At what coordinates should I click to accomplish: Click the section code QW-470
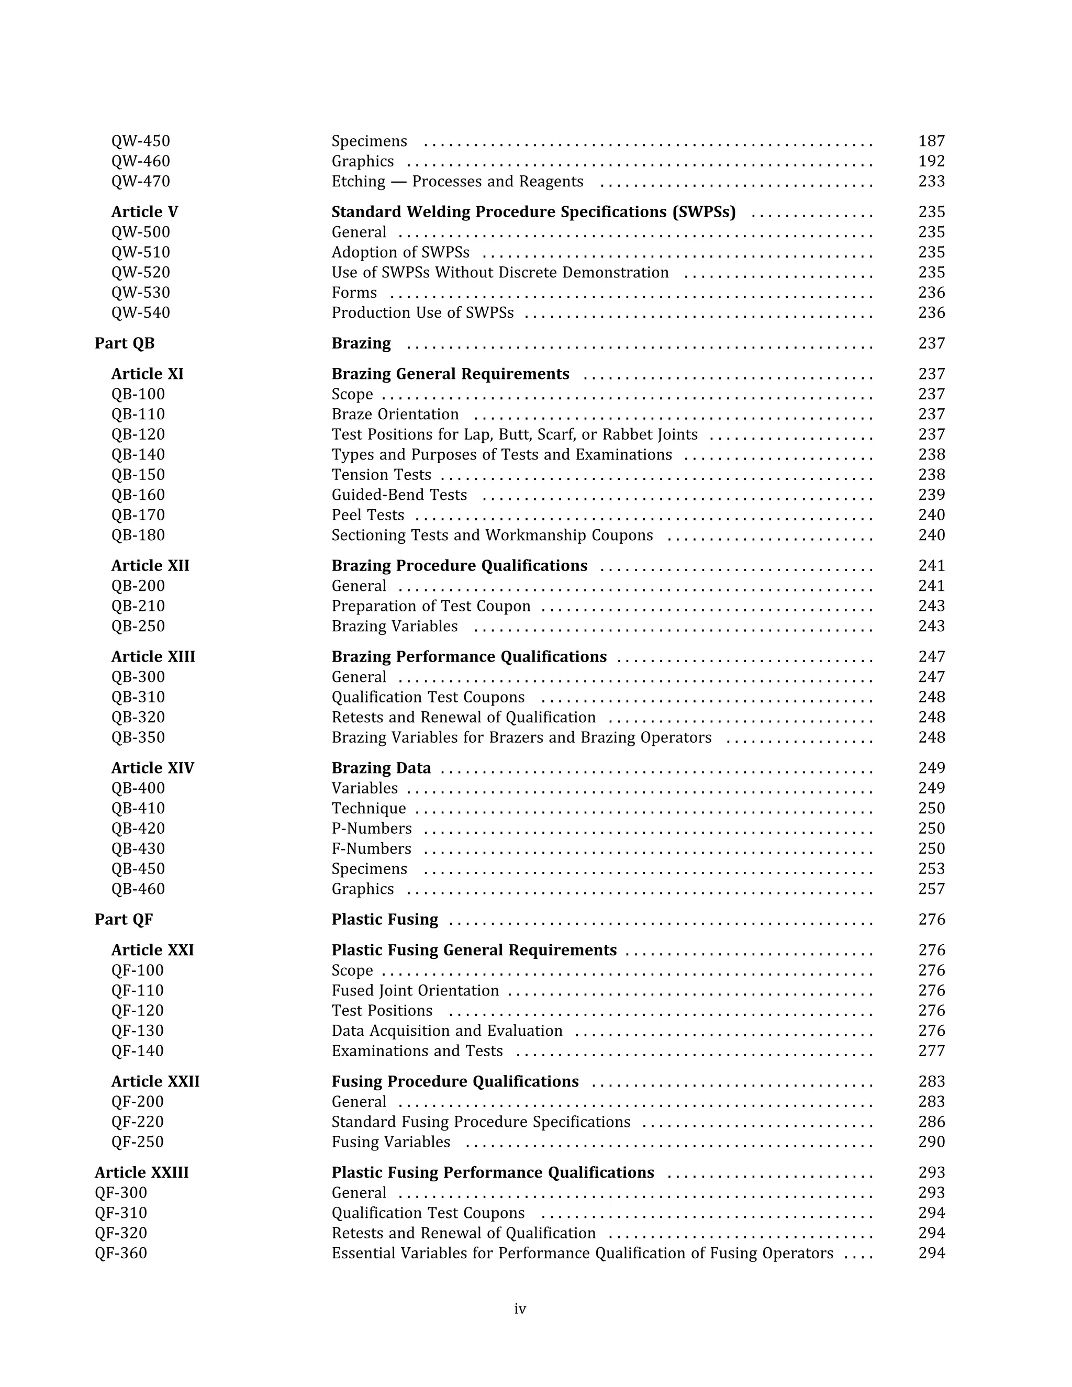pyautogui.click(x=140, y=182)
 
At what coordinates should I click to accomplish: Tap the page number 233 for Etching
pyautogui.click(x=931, y=182)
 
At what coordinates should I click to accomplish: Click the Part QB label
pyautogui.click(x=125, y=343)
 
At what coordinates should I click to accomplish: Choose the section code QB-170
pyautogui.click(x=138, y=515)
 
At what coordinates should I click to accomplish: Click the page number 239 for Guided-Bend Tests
pyautogui.click(x=931, y=495)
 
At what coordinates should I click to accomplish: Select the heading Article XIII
pyautogui.click(x=153, y=657)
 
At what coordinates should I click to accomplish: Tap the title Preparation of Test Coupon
pyautogui.click(x=431, y=607)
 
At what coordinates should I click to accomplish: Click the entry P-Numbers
pyautogui.click(x=371, y=829)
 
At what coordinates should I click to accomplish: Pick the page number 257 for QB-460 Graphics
pyautogui.click(x=931, y=889)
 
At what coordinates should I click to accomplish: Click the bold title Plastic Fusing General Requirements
pyautogui.click(x=474, y=950)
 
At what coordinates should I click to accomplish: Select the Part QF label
pyautogui.click(x=124, y=920)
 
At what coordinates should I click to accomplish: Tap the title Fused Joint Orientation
pyautogui.click(x=415, y=991)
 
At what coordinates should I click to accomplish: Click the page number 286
pyautogui.click(x=931, y=1122)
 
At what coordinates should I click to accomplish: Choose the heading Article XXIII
pyautogui.click(x=142, y=1173)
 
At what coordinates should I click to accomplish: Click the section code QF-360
pyautogui.click(x=121, y=1254)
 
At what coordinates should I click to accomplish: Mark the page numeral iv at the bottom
pyautogui.click(x=519, y=1309)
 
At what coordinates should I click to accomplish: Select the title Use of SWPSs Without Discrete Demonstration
pyautogui.click(x=500, y=273)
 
